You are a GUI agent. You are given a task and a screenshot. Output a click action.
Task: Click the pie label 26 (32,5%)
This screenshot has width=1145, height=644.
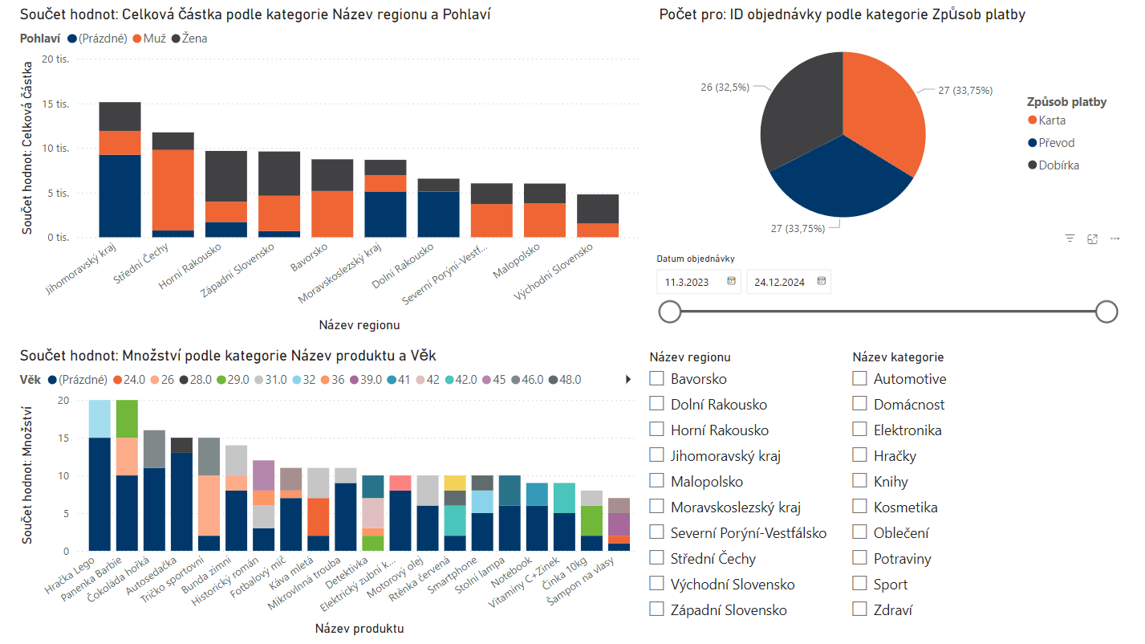(725, 88)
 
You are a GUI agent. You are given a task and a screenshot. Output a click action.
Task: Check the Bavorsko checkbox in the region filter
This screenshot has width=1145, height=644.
(656, 378)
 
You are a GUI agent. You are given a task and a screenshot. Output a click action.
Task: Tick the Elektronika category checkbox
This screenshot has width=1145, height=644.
(859, 430)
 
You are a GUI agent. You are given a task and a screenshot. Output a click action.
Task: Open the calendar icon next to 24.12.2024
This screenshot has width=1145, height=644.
(821, 281)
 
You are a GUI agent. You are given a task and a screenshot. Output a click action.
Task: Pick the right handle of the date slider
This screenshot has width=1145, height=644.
(1106, 312)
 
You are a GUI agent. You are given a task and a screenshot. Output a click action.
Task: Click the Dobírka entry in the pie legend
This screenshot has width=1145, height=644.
(1058, 165)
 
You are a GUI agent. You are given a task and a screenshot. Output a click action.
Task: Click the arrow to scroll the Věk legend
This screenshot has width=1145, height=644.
(628, 380)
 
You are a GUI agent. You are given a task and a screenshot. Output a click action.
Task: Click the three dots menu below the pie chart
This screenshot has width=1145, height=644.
(1115, 238)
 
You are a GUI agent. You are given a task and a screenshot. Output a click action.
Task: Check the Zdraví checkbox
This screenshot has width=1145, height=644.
(859, 609)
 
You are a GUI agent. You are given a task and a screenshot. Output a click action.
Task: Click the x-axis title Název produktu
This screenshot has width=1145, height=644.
(359, 628)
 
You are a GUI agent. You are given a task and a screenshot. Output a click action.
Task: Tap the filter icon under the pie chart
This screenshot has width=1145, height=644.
(1070, 238)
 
